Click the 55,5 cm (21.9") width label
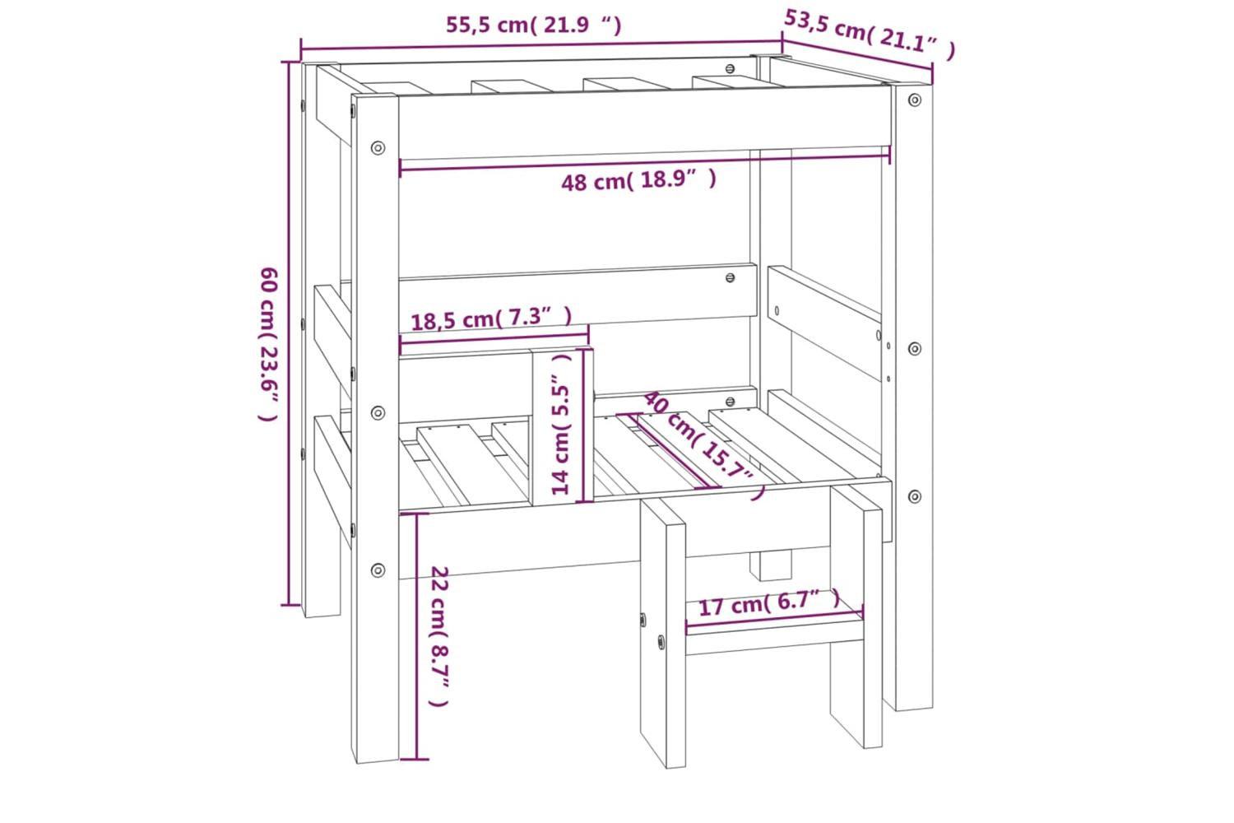(533, 25)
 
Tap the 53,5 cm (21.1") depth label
(870, 35)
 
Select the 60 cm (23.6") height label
(269, 344)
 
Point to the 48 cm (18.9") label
(639, 180)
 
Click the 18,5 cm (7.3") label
(491, 319)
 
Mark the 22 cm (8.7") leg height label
(439, 636)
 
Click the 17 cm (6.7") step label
(769, 603)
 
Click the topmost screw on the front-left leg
(378, 148)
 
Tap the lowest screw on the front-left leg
(378, 570)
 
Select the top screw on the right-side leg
(915, 100)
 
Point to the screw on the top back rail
(730, 69)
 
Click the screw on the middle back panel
(730, 278)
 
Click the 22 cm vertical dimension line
(417, 637)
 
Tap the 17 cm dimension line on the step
(775, 617)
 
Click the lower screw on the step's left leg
(661, 642)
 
